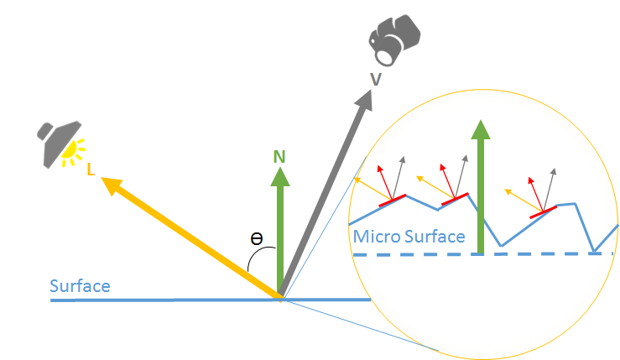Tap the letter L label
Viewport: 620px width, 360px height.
(x=91, y=169)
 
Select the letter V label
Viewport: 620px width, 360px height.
(x=376, y=78)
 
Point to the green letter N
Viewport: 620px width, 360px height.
(x=279, y=156)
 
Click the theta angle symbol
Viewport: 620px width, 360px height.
(x=258, y=238)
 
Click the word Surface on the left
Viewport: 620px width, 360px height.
(x=80, y=286)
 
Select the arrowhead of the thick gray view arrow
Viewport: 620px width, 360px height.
(x=365, y=100)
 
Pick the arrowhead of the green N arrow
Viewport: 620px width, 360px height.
(x=279, y=175)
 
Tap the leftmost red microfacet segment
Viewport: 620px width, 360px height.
(x=393, y=200)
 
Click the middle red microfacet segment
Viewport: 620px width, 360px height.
(x=454, y=200)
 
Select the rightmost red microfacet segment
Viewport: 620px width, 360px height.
(x=543, y=213)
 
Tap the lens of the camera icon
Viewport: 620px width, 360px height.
(x=386, y=55)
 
